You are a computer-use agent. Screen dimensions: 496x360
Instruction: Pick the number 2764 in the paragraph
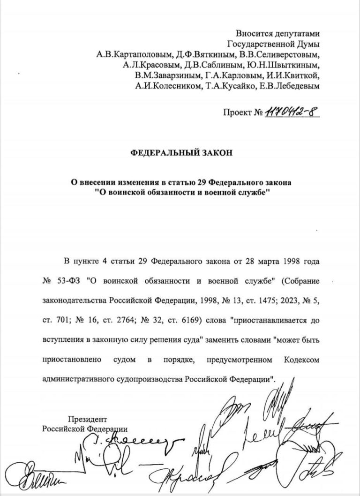tap(106, 320)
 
